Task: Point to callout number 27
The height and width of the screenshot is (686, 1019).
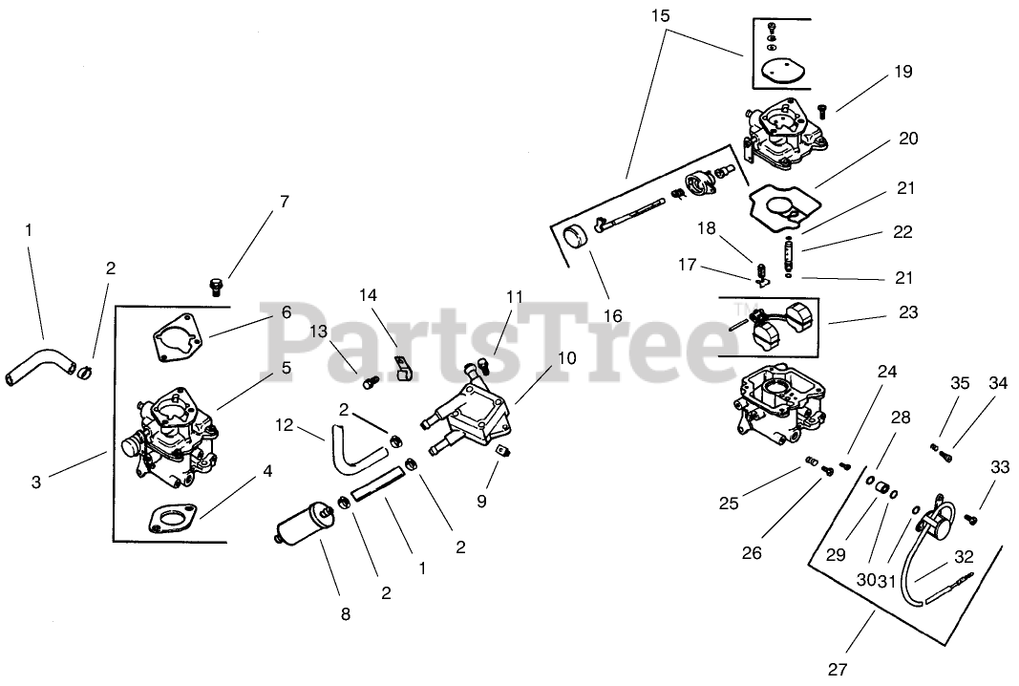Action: [839, 669]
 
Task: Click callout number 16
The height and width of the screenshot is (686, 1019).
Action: [612, 315]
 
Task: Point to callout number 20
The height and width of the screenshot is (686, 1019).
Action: [907, 139]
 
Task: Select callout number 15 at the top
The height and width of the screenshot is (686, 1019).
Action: [661, 15]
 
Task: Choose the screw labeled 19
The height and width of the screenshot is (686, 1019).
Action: [822, 113]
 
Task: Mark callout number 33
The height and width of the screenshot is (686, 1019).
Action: [999, 467]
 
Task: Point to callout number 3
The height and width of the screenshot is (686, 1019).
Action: [36, 482]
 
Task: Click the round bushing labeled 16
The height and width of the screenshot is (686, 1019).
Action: [577, 236]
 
